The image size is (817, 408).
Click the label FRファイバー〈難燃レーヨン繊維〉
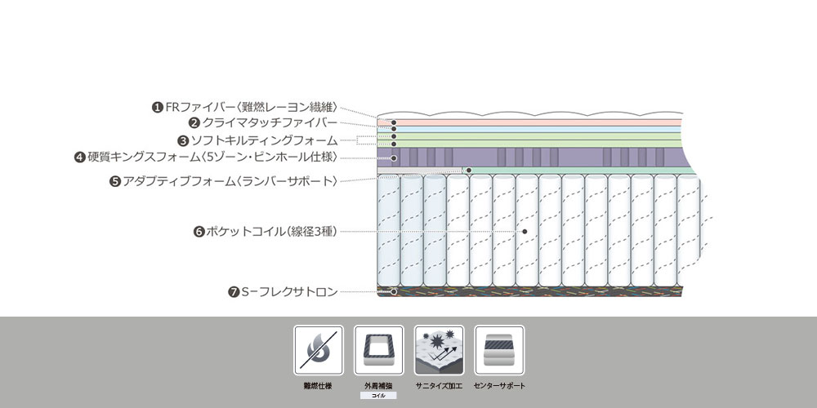click(x=252, y=107)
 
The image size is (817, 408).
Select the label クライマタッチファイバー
click(x=270, y=123)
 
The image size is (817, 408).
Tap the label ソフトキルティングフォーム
click(x=264, y=140)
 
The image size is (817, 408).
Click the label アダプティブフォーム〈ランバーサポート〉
click(x=230, y=181)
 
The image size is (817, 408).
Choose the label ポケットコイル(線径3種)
click(x=271, y=232)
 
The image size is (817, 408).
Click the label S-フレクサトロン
click(x=290, y=292)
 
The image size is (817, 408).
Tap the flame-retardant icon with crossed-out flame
click(x=319, y=350)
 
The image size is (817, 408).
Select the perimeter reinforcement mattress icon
click(x=379, y=350)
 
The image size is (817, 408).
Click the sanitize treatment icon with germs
click(x=440, y=350)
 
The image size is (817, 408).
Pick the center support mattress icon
click(x=499, y=350)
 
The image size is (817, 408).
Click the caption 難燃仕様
click(x=318, y=386)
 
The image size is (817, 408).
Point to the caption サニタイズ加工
click(x=440, y=386)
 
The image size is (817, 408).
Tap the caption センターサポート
click(x=500, y=386)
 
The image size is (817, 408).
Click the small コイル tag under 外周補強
click(x=378, y=396)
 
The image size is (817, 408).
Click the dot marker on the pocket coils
click(x=525, y=232)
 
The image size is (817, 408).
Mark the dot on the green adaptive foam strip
click(x=469, y=171)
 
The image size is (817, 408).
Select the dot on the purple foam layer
click(x=394, y=157)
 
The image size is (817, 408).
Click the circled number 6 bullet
click(x=199, y=232)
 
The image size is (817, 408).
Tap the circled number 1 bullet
click(x=158, y=108)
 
